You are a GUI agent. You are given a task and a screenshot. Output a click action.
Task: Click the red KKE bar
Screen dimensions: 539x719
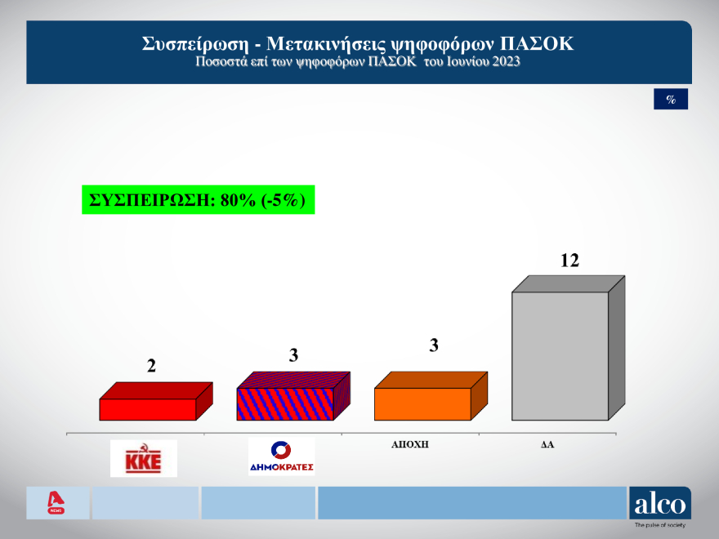pyautogui.click(x=148, y=408)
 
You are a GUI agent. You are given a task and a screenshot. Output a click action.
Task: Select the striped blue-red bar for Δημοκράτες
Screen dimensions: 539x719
pyautogui.click(x=285, y=403)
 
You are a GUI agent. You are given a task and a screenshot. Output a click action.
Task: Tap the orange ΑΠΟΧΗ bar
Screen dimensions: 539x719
pyautogui.click(x=422, y=403)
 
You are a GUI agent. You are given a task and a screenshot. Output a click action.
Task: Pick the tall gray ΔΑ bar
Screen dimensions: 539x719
pyautogui.click(x=560, y=354)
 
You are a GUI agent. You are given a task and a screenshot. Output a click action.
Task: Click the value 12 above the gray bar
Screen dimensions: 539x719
pyautogui.click(x=569, y=261)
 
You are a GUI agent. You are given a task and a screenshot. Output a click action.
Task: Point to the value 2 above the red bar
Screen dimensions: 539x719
pyautogui.click(x=151, y=366)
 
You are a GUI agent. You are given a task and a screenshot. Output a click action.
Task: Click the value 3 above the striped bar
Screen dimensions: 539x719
pyautogui.click(x=293, y=355)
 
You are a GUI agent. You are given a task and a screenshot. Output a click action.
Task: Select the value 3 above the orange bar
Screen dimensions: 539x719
pyautogui.click(x=434, y=345)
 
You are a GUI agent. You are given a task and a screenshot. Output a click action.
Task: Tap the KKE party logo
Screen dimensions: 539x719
pyautogui.click(x=143, y=459)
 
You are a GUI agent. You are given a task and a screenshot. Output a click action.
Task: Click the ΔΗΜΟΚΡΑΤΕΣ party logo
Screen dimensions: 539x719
pyautogui.click(x=281, y=457)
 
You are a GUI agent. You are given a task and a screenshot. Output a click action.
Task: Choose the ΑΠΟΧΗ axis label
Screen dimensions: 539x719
pyautogui.click(x=410, y=446)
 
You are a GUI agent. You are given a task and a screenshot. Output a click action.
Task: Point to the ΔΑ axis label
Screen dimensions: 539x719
pyautogui.click(x=547, y=446)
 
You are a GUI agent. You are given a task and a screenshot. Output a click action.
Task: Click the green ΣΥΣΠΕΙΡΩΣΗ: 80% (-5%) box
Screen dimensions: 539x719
pyautogui.click(x=198, y=200)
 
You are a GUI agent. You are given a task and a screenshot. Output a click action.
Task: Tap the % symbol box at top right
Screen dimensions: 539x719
pyautogui.click(x=671, y=99)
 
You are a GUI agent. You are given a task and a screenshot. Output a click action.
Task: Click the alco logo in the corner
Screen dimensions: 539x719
pyautogui.click(x=659, y=503)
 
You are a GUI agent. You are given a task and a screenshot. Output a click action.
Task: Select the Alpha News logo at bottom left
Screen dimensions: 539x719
pyautogui.click(x=56, y=502)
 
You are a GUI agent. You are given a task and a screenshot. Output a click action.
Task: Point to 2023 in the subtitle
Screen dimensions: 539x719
pyautogui.click(x=503, y=61)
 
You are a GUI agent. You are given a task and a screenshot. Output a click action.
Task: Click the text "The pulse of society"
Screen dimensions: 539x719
pyautogui.click(x=659, y=525)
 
